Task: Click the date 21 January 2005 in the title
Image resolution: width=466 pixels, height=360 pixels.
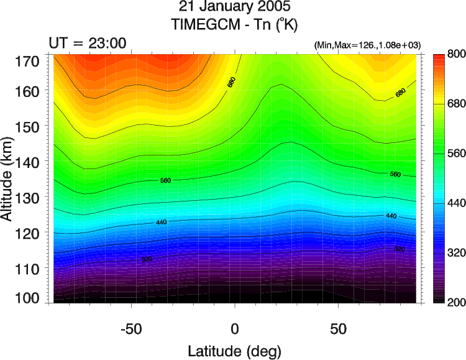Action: pos(234,8)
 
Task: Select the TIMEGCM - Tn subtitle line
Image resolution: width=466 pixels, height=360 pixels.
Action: pos(234,25)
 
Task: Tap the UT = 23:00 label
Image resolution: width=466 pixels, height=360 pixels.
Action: pos(88,43)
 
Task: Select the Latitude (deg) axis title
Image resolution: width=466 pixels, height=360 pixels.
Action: pos(235,348)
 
